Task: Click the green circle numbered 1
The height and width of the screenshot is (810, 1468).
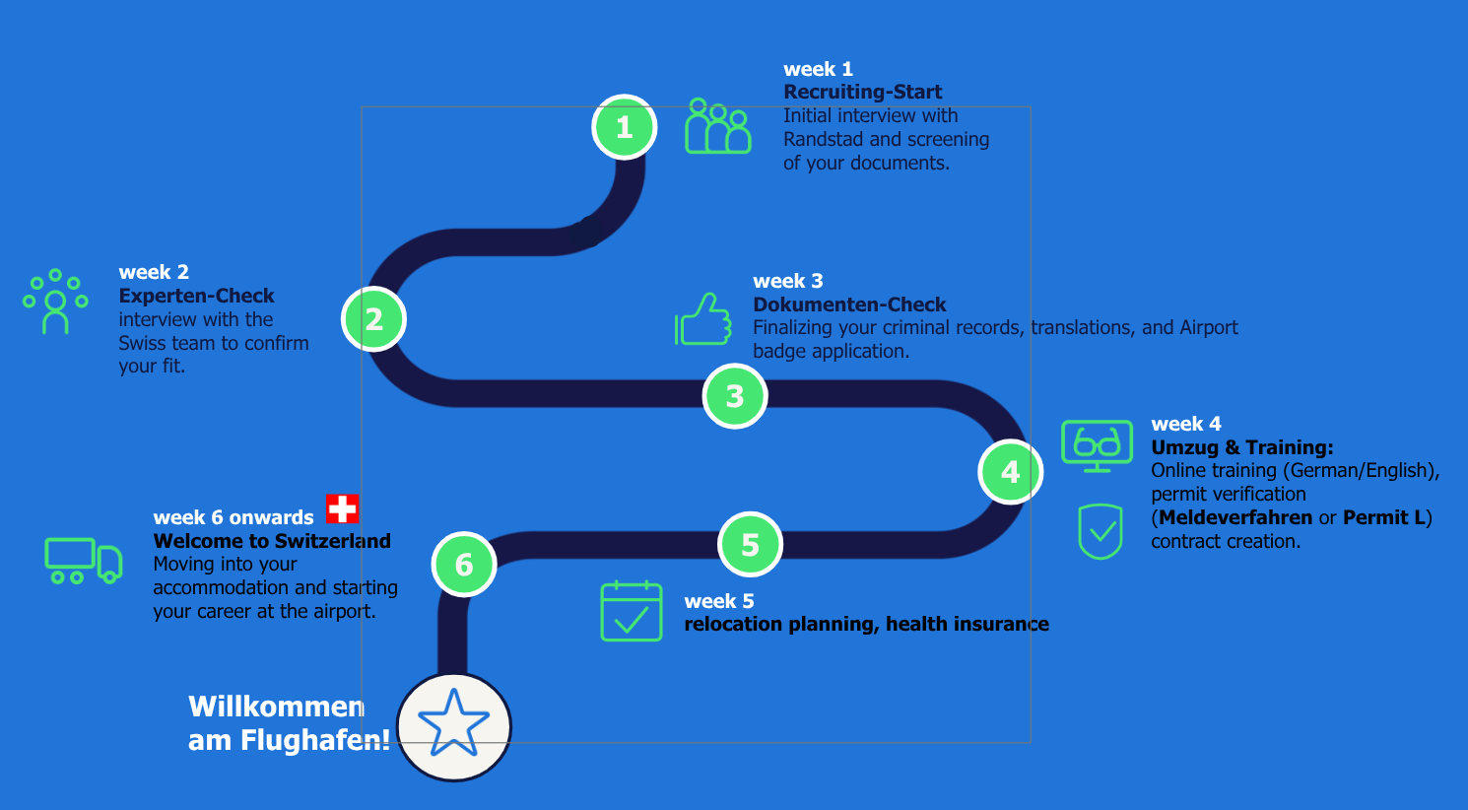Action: pos(624,127)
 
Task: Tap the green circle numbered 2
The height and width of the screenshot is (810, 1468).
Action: pos(373,319)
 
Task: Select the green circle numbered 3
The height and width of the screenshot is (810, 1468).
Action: pos(735,396)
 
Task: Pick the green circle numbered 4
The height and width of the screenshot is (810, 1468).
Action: pos(1010,472)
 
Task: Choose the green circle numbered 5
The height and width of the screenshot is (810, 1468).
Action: pos(750,544)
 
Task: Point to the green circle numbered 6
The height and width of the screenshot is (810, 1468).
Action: pos(464,564)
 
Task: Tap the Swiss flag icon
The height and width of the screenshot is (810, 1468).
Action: pos(343,508)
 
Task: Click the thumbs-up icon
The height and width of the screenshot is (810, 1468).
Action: pos(703,319)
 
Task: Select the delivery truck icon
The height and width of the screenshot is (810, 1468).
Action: pos(84,561)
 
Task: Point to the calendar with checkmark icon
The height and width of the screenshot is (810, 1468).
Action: pos(632,611)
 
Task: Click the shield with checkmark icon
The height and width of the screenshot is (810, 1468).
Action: pos(1101,531)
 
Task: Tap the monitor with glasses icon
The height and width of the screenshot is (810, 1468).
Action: pos(1097,444)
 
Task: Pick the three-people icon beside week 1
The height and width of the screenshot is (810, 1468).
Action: pos(718,126)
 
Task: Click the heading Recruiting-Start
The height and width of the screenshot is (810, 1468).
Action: pos(862,92)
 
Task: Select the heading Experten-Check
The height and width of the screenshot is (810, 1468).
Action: pos(196,296)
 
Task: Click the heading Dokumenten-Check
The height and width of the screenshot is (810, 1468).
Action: pos(849,304)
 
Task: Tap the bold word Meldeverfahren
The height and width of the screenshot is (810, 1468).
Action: pos(1235,517)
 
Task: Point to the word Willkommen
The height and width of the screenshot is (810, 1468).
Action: pos(276,707)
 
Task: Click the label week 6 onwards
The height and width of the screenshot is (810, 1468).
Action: pos(234,517)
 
